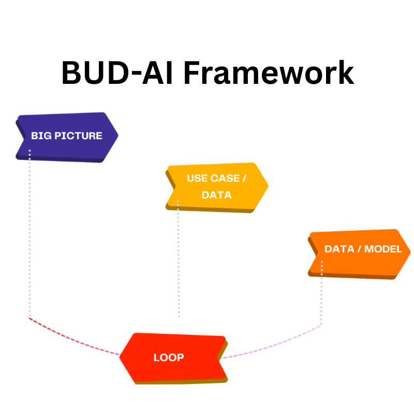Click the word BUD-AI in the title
tap(117, 73)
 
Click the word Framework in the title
tap(269, 73)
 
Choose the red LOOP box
tap(174, 358)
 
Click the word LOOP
tap(169, 358)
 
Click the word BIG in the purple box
tap(41, 136)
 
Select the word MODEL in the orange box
tap(383, 249)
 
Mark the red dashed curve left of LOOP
tap(72, 339)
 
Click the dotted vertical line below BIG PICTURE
tap(29, 233)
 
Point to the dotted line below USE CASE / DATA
tap(179, 259)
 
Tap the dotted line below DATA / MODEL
tap(321, 295)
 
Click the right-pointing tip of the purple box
tap(117, 136)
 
